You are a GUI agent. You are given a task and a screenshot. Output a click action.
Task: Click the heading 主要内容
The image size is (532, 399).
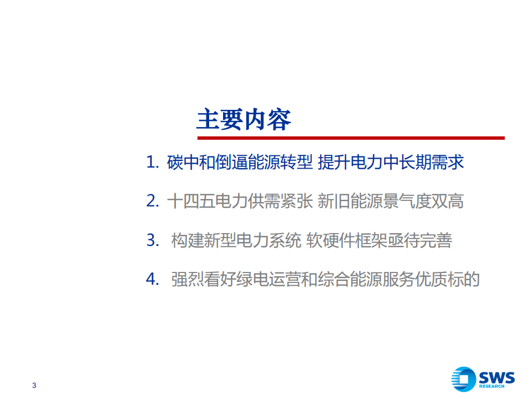[244, 119]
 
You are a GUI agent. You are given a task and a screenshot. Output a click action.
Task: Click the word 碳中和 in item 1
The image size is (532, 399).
[190, 163]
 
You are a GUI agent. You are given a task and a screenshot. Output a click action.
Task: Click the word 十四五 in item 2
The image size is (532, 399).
[190, 201]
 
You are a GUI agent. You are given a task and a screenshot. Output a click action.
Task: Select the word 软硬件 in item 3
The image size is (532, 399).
[330, 240]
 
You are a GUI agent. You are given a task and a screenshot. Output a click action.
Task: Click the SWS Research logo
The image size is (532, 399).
[483, 379]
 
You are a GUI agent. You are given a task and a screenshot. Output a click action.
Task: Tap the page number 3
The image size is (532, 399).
[34, 386]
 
